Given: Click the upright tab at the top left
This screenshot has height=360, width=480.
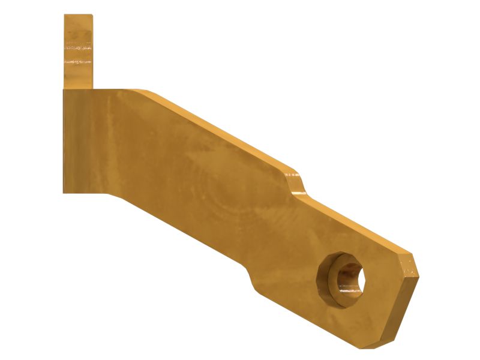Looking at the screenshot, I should coord(79,51).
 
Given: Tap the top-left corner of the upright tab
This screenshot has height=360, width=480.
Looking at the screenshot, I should coord(65,16).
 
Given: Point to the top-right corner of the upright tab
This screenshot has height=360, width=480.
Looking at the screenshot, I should coord(92,16).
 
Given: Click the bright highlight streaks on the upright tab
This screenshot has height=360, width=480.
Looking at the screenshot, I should coord(79,61).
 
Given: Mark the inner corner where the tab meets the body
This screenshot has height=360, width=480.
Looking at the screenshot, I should coord(93,89).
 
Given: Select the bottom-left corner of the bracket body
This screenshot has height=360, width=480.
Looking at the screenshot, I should coord(64,193).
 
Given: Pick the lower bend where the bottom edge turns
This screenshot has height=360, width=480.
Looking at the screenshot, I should coord(114,194).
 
